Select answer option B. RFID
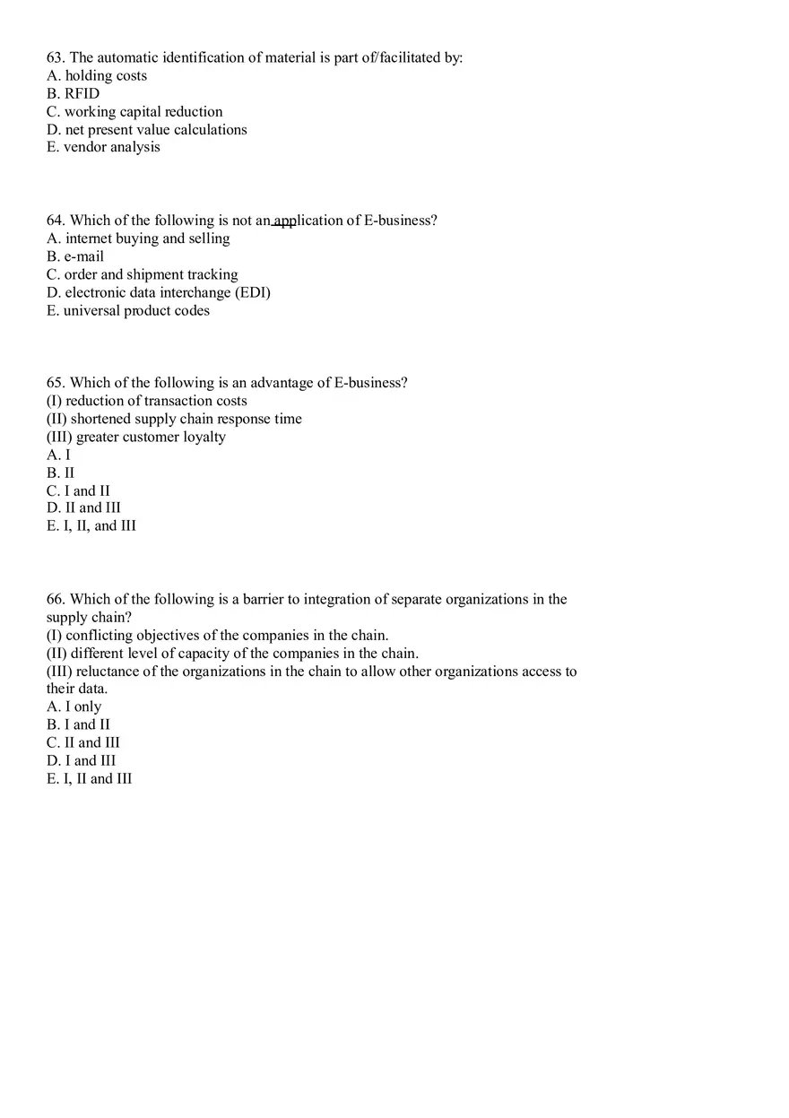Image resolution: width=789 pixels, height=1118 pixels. (x=74, y=94)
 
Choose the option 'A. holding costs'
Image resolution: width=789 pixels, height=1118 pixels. (x=97, y=76)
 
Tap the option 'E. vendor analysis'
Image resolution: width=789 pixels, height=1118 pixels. (x=103, y=148)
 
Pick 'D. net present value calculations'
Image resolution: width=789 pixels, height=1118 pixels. (x=146, y=130)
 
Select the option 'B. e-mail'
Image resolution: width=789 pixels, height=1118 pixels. (x=75, y=256)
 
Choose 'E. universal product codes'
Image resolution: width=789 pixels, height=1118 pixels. (x=128, y=311)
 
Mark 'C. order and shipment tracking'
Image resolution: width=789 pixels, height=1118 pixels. (x=142, y=274)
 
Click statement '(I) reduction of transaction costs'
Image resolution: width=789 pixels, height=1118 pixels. (x=146, y=401)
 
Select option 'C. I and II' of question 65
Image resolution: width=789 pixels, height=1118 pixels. (x=78, y=491)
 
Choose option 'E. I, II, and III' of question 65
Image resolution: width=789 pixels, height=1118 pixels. (x=91, y=526)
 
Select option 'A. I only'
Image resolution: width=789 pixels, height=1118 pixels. (x=74, y=707)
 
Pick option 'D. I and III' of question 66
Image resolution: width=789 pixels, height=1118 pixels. (x=82, y=761)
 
